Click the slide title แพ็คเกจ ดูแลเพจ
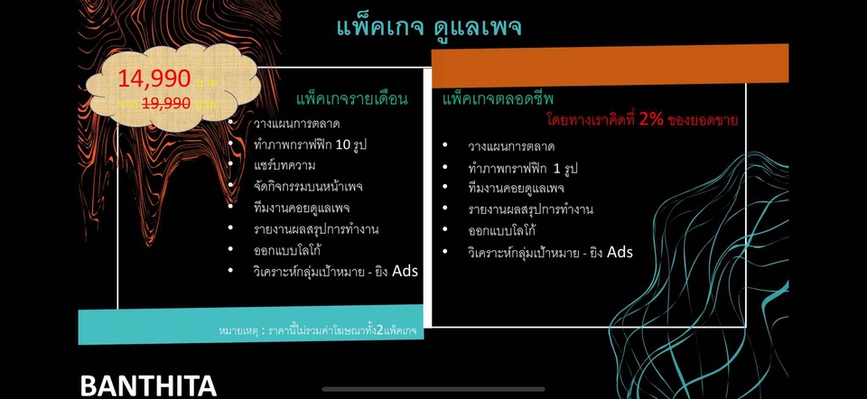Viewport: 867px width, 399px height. point(428,26)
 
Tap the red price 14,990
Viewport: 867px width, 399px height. point(154,79)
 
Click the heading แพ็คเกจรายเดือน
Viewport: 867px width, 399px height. point(351,98)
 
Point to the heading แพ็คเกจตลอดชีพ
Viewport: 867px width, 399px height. point(499,98)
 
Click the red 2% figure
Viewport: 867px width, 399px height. point(650,119)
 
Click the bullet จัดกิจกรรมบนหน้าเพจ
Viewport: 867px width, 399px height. point(302,187)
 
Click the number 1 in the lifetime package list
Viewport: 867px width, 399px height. point(555,168)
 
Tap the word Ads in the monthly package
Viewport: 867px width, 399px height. point(405,270)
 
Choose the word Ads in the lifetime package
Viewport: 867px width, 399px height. point(619,252)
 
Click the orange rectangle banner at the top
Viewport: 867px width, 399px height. point(610,64)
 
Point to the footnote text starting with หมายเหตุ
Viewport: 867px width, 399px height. point(317,331)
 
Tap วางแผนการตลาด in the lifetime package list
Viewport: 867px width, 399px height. point(510,146)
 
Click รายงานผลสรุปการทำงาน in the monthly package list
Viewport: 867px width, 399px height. point(316,229)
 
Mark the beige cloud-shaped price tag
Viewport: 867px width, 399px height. point(172,88)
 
